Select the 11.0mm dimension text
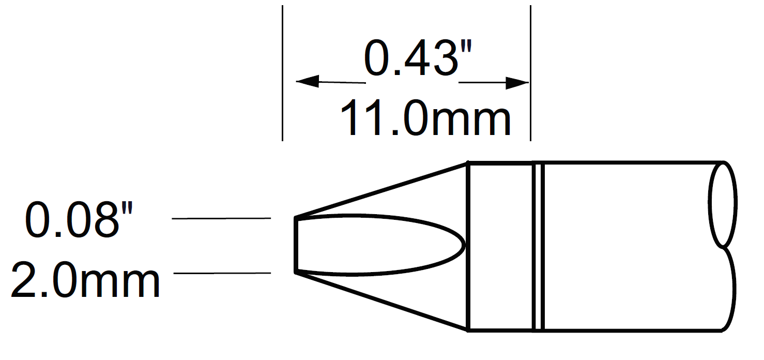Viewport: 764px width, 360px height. pos(425,118)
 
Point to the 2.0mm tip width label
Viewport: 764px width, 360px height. pos(85,280)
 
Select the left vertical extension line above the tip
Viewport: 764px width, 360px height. pos(282,72)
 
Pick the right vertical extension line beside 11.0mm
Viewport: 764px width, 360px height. pos(531,72)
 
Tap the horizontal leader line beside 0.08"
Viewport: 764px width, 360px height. pos(221,219)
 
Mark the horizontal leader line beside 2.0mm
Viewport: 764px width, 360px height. pos(222,273)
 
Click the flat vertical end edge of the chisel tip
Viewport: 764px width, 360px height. pos(296,245)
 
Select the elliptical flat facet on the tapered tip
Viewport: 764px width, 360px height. pos(377,245)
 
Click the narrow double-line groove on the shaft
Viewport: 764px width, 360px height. pos(538,246)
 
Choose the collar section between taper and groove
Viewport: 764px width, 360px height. pos(500,246)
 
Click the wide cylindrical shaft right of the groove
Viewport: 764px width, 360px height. pos(625,246)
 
